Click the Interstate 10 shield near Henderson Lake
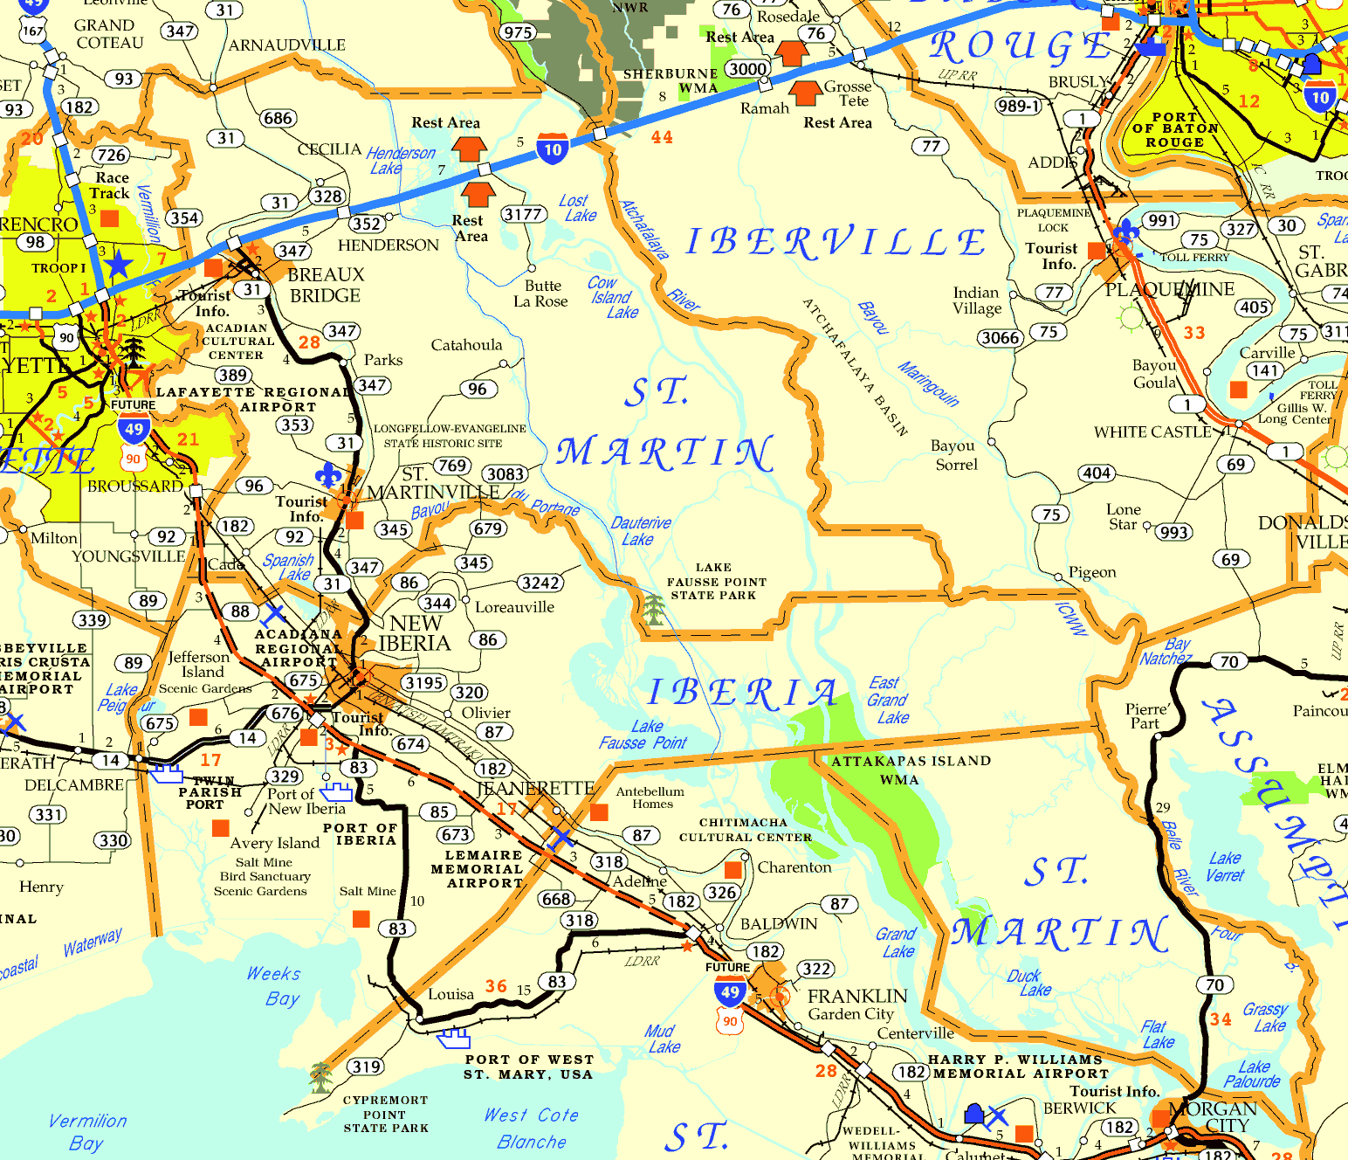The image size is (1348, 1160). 553,149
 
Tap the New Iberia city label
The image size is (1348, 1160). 415,633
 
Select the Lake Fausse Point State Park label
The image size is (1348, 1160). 716,582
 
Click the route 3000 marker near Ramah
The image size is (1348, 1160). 747,69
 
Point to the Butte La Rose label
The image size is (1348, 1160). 540,293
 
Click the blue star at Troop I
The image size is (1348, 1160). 119,264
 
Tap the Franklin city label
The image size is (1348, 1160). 857,997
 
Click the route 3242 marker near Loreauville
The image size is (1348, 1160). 540,583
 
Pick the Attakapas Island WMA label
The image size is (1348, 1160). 910,770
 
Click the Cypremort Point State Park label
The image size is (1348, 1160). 385,1114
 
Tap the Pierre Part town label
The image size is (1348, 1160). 1145,716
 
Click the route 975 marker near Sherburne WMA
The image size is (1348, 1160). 518,32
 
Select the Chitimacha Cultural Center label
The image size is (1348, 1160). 745,830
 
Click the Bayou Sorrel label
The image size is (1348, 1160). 954,455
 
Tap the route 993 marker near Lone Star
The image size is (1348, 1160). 1174,532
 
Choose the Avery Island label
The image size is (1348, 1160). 274,843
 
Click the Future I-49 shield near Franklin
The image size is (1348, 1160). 730,991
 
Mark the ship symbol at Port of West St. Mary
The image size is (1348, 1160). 454,1039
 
